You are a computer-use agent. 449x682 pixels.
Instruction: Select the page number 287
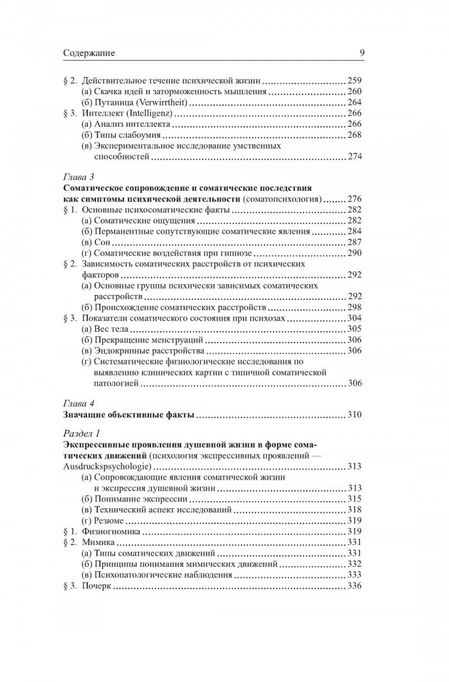pos(356,242)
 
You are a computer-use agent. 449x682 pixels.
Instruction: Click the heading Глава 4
pos(80,402)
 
